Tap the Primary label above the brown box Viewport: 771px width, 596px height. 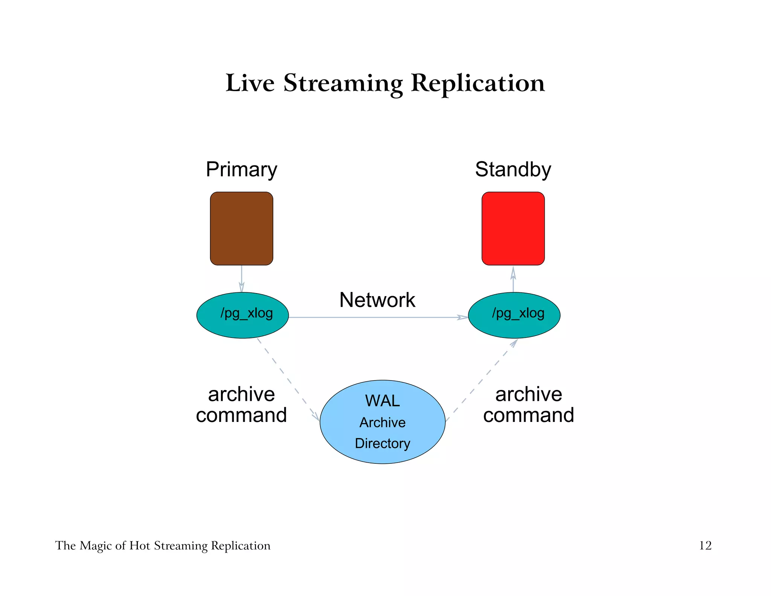tap(241, 170)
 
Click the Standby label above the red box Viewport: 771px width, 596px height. tap(513, 170)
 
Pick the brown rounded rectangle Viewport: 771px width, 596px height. tap(241, 228)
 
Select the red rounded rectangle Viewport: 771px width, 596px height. tap(513, 228)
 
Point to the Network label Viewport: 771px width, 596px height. tap(377, 300)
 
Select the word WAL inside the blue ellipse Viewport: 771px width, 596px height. tap(382, 401)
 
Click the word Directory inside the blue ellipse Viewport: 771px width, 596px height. tap(382, 443)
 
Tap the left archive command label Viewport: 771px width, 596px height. tap(241, 405)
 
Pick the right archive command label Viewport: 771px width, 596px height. tap(528, 405)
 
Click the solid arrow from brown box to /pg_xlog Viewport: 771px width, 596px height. tap(241, 279)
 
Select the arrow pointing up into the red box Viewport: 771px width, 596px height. tap(513, 280)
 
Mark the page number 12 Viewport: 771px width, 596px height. tap(705, 546)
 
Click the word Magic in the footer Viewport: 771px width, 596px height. tap(96, 546)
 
